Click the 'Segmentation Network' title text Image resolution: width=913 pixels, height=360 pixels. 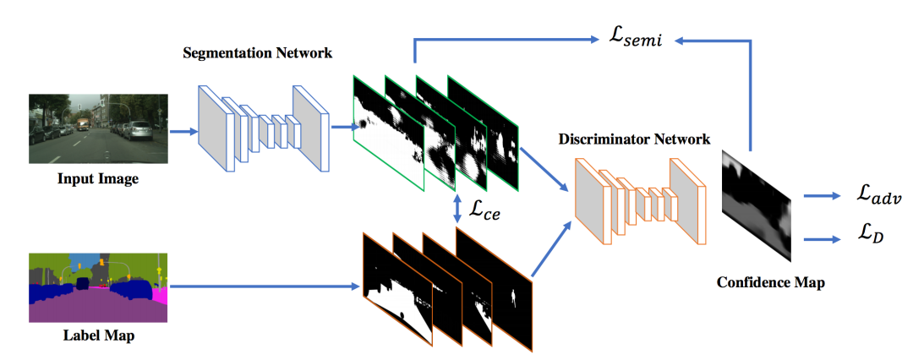pos(257,53)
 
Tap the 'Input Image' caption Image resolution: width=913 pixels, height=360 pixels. pos(98,178)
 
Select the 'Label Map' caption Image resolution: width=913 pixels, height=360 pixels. pos(99,335)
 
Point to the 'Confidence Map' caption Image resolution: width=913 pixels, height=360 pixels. pos(770,282)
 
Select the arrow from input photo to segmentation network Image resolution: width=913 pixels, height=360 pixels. pos(183,131)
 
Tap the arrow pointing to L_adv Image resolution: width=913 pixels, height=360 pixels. pos(819,197)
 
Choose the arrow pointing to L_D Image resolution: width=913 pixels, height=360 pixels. pos(819,238)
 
